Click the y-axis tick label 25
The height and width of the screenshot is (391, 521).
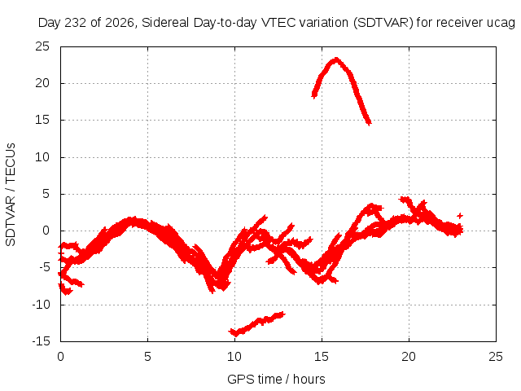click(42, 46)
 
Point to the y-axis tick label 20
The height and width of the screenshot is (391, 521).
click(42, 83)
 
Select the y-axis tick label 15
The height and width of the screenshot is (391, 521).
click(42, 120)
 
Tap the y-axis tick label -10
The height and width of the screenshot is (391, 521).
click(41, 305)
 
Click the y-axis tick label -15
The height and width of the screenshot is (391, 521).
click(41, 341)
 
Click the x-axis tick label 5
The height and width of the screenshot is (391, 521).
click(147, 357)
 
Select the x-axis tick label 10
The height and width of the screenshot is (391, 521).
click(234, 357)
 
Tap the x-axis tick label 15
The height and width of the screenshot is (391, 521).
click(322, 357)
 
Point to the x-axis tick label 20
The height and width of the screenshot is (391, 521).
click(409, 357)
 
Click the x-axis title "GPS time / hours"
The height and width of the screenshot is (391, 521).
click(276, 380)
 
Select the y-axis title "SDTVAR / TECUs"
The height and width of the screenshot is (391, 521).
click(11, 195)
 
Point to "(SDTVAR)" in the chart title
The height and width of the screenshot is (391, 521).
click(383, 23)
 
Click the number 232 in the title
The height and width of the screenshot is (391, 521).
click(76, 23)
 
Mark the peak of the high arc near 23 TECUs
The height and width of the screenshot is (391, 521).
click(336, 59)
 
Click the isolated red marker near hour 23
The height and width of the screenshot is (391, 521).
click(460, 216)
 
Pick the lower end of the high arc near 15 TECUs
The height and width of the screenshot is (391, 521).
click(369, 123)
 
